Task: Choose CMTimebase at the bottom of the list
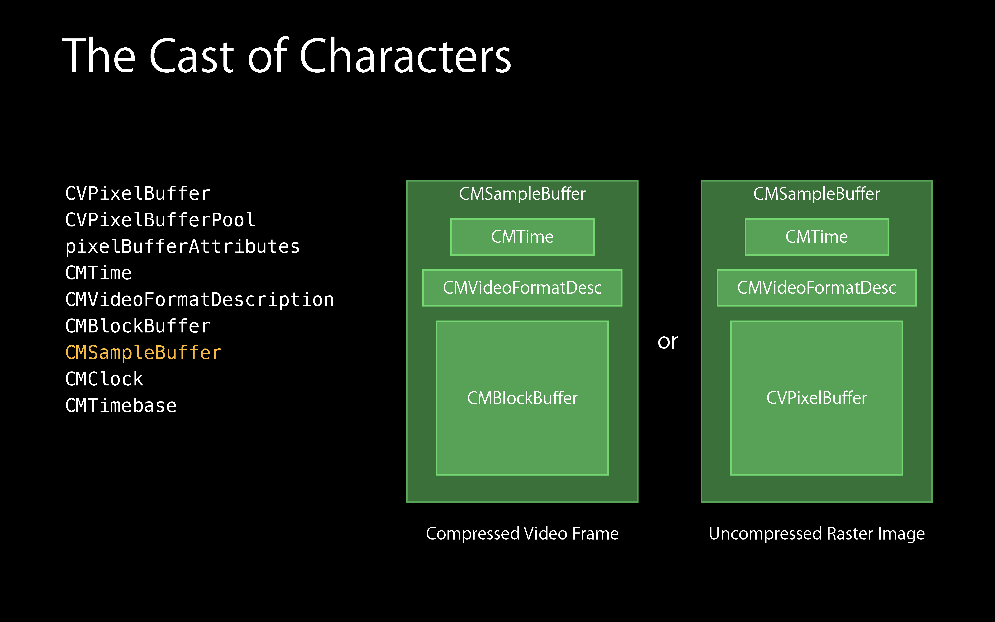click(121, 406)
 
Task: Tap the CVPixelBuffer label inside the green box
click(816, 398)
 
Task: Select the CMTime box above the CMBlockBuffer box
click(522, 237)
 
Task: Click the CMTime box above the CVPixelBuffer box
click(816, 237)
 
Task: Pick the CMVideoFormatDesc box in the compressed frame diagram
click(522, 288)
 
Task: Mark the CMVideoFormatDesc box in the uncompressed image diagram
click(816, 288)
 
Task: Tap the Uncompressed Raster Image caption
click(816, 534)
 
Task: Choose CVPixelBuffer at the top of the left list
click(138, 193)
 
